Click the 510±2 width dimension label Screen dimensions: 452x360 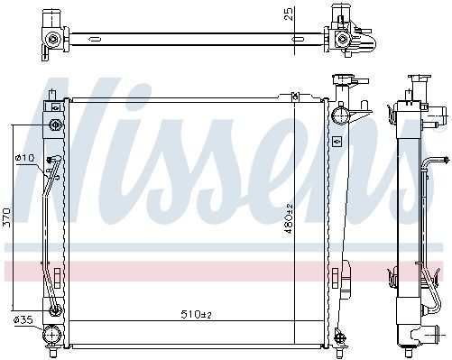point(197,314)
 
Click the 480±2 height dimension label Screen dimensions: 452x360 point(289,218)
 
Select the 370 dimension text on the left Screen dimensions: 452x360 point(6,217)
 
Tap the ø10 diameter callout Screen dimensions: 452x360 point(26,158)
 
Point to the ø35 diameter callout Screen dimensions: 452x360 point(23,319)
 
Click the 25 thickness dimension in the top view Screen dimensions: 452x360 point(288,14)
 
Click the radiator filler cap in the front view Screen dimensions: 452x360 point(342,79)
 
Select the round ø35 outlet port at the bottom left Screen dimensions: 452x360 point(51,335)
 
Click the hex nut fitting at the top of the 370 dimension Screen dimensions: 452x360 point(56,125)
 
